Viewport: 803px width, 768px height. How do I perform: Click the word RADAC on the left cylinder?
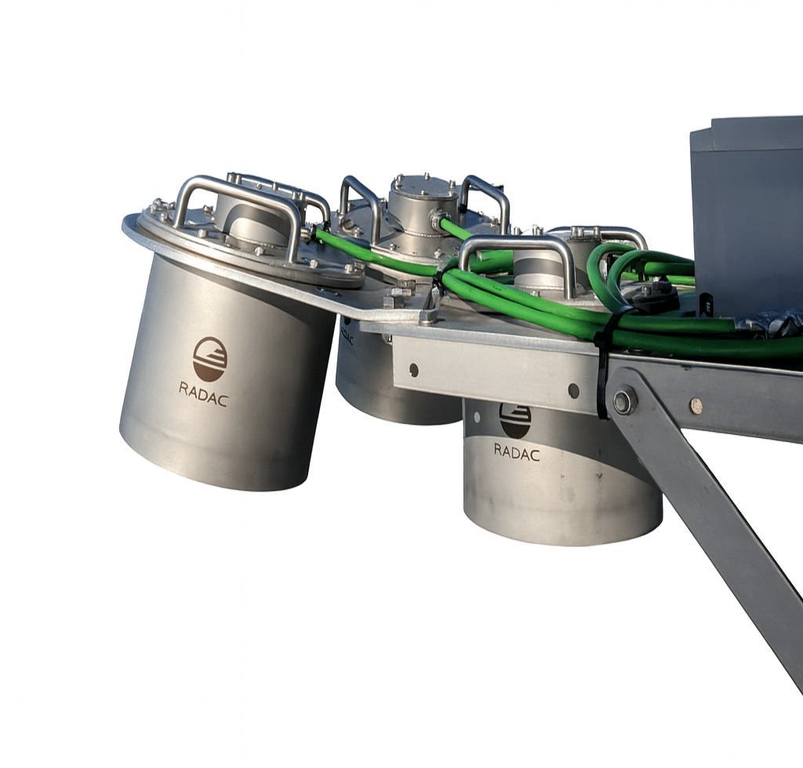(x=203, y=394)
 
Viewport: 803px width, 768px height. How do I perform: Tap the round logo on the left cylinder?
(x=210, y=359)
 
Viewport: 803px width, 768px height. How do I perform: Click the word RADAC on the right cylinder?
(x=517, y=451)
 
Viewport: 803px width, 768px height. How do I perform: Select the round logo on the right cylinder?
(x=515, y=421)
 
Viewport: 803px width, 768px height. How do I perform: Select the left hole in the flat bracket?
(x=414, y=369)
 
